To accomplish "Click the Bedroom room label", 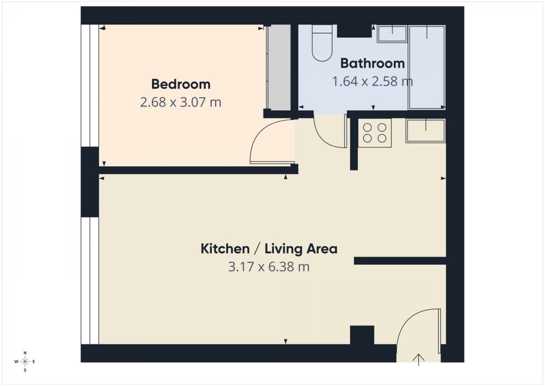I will (181, 84).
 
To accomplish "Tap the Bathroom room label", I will (372, 63).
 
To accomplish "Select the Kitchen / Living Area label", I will (269, 249).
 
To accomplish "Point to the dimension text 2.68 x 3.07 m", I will (181, 102).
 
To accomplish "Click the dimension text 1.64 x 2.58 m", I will (372, 82).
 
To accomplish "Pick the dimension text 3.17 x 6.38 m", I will (269, 267).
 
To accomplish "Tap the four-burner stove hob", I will (375, 133).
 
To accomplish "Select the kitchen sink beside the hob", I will (426, 131).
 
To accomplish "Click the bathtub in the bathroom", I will (426, 67).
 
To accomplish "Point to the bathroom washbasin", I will (392, 34).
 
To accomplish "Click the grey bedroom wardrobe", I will (278, 67).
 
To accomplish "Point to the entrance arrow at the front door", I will (418, 360).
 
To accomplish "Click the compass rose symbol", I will (25, 361).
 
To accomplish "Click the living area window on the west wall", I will (90, 280).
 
